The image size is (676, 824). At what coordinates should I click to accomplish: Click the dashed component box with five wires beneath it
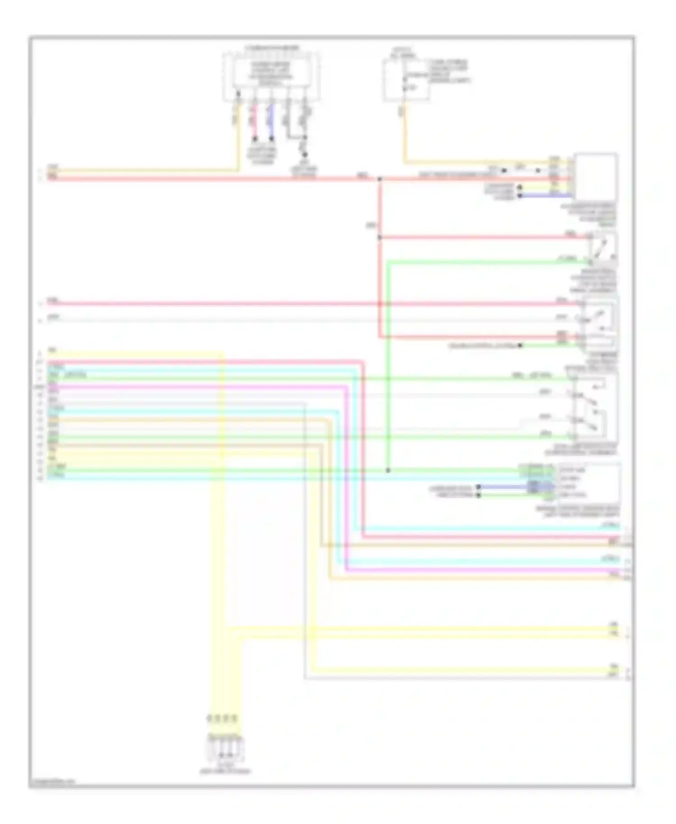[271, 77]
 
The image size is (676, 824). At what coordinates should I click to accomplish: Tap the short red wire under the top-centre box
[254, 121]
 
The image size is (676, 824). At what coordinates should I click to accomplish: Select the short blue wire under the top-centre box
[271, 121]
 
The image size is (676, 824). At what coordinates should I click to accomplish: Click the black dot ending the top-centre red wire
[254, 138]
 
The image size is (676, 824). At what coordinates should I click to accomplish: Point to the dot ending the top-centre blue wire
[271, 138]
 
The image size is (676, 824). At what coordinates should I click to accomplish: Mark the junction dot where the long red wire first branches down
[379, 179]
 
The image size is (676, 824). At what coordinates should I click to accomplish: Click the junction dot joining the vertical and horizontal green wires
[388, 470]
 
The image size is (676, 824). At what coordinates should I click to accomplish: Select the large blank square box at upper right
[595, 177]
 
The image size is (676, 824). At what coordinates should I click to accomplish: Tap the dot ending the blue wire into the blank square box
[520, 196]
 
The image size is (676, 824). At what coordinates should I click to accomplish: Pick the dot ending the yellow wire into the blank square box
[520, 186]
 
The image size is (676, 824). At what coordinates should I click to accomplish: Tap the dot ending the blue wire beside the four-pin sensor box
[479, 487]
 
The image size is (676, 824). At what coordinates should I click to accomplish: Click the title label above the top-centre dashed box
[272, 48]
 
